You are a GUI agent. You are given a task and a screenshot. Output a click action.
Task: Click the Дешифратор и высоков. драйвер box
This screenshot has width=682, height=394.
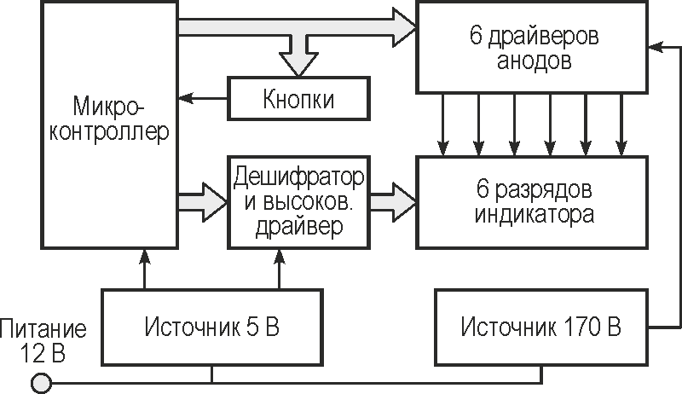[298, 202]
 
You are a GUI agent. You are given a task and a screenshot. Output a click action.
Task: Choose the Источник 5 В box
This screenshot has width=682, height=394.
[212, 327]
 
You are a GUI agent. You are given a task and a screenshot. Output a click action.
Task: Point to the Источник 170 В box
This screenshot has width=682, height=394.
[540, 327]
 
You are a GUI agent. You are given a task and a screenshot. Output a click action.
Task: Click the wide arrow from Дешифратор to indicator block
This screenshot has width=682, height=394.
[392, 202]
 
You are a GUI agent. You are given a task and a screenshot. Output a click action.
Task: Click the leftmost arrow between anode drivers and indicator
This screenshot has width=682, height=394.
[442, 123]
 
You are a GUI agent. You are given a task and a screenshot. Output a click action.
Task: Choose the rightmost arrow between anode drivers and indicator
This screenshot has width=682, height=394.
[621, 123]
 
